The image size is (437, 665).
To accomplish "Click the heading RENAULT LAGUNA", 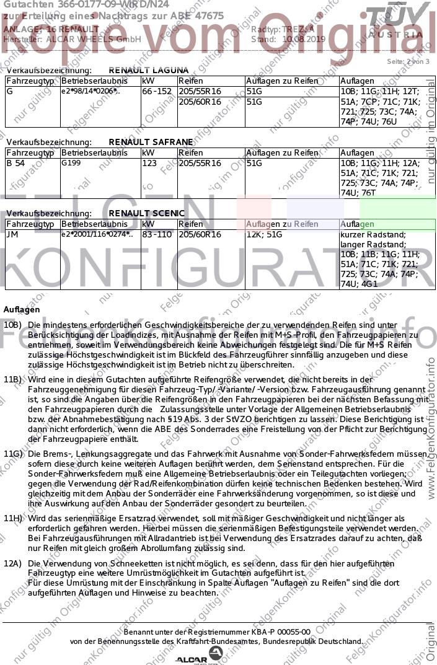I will coord(149,71).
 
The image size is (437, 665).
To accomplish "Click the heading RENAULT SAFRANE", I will coord(151,142).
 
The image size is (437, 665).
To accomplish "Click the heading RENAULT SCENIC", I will coord(147,213).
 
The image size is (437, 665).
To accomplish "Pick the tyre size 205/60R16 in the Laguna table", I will coord(200,101).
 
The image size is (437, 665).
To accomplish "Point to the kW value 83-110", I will coord(157,234).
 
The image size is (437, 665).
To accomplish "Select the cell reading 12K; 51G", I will coord(264,234).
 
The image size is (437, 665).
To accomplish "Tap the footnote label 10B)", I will coord(12,325).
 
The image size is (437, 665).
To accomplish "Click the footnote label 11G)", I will coord(13,454).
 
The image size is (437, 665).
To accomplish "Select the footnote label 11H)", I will coord(13,518).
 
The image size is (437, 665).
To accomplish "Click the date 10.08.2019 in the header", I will coord(303,38).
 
